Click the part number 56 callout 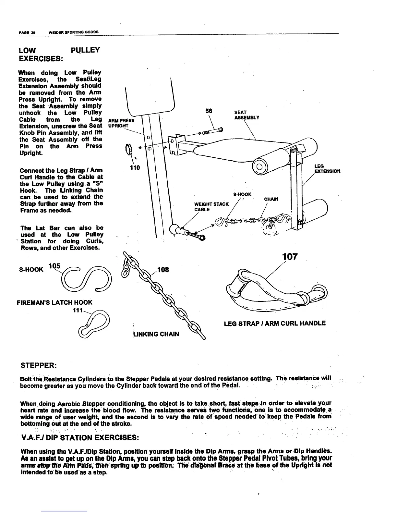pos(209,111)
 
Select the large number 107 pos(290,257)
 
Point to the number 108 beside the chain pos(162,270)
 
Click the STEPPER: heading pos(39,366)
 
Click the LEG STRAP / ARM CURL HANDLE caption pos(275,323)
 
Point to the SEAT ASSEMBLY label pos(247,115)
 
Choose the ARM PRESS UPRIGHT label pos(121,123)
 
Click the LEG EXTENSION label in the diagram pos(327,168)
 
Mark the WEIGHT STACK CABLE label pos(211,207)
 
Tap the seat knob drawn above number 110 pos(128,150)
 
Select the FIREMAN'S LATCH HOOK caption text pos(54,302)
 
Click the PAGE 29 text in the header pos(27,32)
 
